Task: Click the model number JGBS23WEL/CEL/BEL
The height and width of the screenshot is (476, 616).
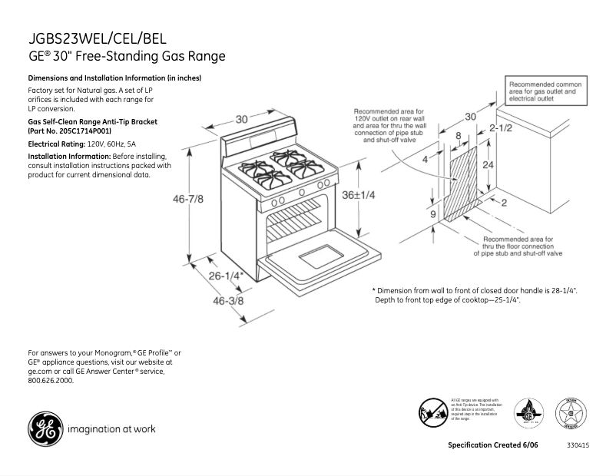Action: click(x=97, y=39)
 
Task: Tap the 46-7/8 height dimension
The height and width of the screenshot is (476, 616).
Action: click(x=188, y=199)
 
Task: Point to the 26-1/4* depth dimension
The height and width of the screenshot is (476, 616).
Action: click(x=226, y=276)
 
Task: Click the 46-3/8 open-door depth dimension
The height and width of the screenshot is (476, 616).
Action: click(x=228, y=301)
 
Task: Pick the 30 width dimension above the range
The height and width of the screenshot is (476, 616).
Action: click(x=242, y=119)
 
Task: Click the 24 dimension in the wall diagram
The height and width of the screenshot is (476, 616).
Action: click(x=487, y=165)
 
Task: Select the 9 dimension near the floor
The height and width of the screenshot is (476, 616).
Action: click(x=433, y=214)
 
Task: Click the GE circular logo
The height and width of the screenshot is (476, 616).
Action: click(x=45, y=429)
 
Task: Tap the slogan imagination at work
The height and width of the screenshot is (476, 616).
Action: click(x=112, y=429)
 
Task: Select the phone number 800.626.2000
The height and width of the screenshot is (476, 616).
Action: click(x=51, y=381)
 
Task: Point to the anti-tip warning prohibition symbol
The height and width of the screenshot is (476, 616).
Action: click(x=433, y=412)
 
